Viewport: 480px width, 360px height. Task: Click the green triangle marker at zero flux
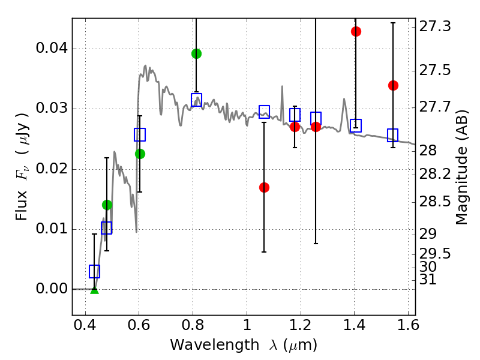pyautogui.click(x=94, y=290)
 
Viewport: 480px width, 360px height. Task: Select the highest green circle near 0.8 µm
pyautogui.click(x=196, y=53)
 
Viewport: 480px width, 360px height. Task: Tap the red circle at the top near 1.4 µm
pyautogui.click(x=356, y=31)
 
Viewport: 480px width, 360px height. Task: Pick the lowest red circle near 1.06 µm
pyautogui.click(x=264, y=187)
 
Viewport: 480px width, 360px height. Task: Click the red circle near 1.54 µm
pyautogui.click(x=393, y=85)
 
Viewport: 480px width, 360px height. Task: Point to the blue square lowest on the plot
pyautogui.click(x=94, y=271)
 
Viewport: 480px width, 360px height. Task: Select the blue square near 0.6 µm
pyautogui.click(x=140, y=134)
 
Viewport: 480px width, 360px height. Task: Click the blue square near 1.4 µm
pyautogui.click(x=356, y=125)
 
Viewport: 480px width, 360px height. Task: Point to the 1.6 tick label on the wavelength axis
pyautogui.click(x=407, y=326)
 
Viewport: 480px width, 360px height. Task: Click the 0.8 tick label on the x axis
pyautogui.click(x=193, y=326)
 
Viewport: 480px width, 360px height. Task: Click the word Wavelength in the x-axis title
pyautogui.click(x=205, y=345)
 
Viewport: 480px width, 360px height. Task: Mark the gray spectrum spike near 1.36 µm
pyautogui.click(x=344, y=100)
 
